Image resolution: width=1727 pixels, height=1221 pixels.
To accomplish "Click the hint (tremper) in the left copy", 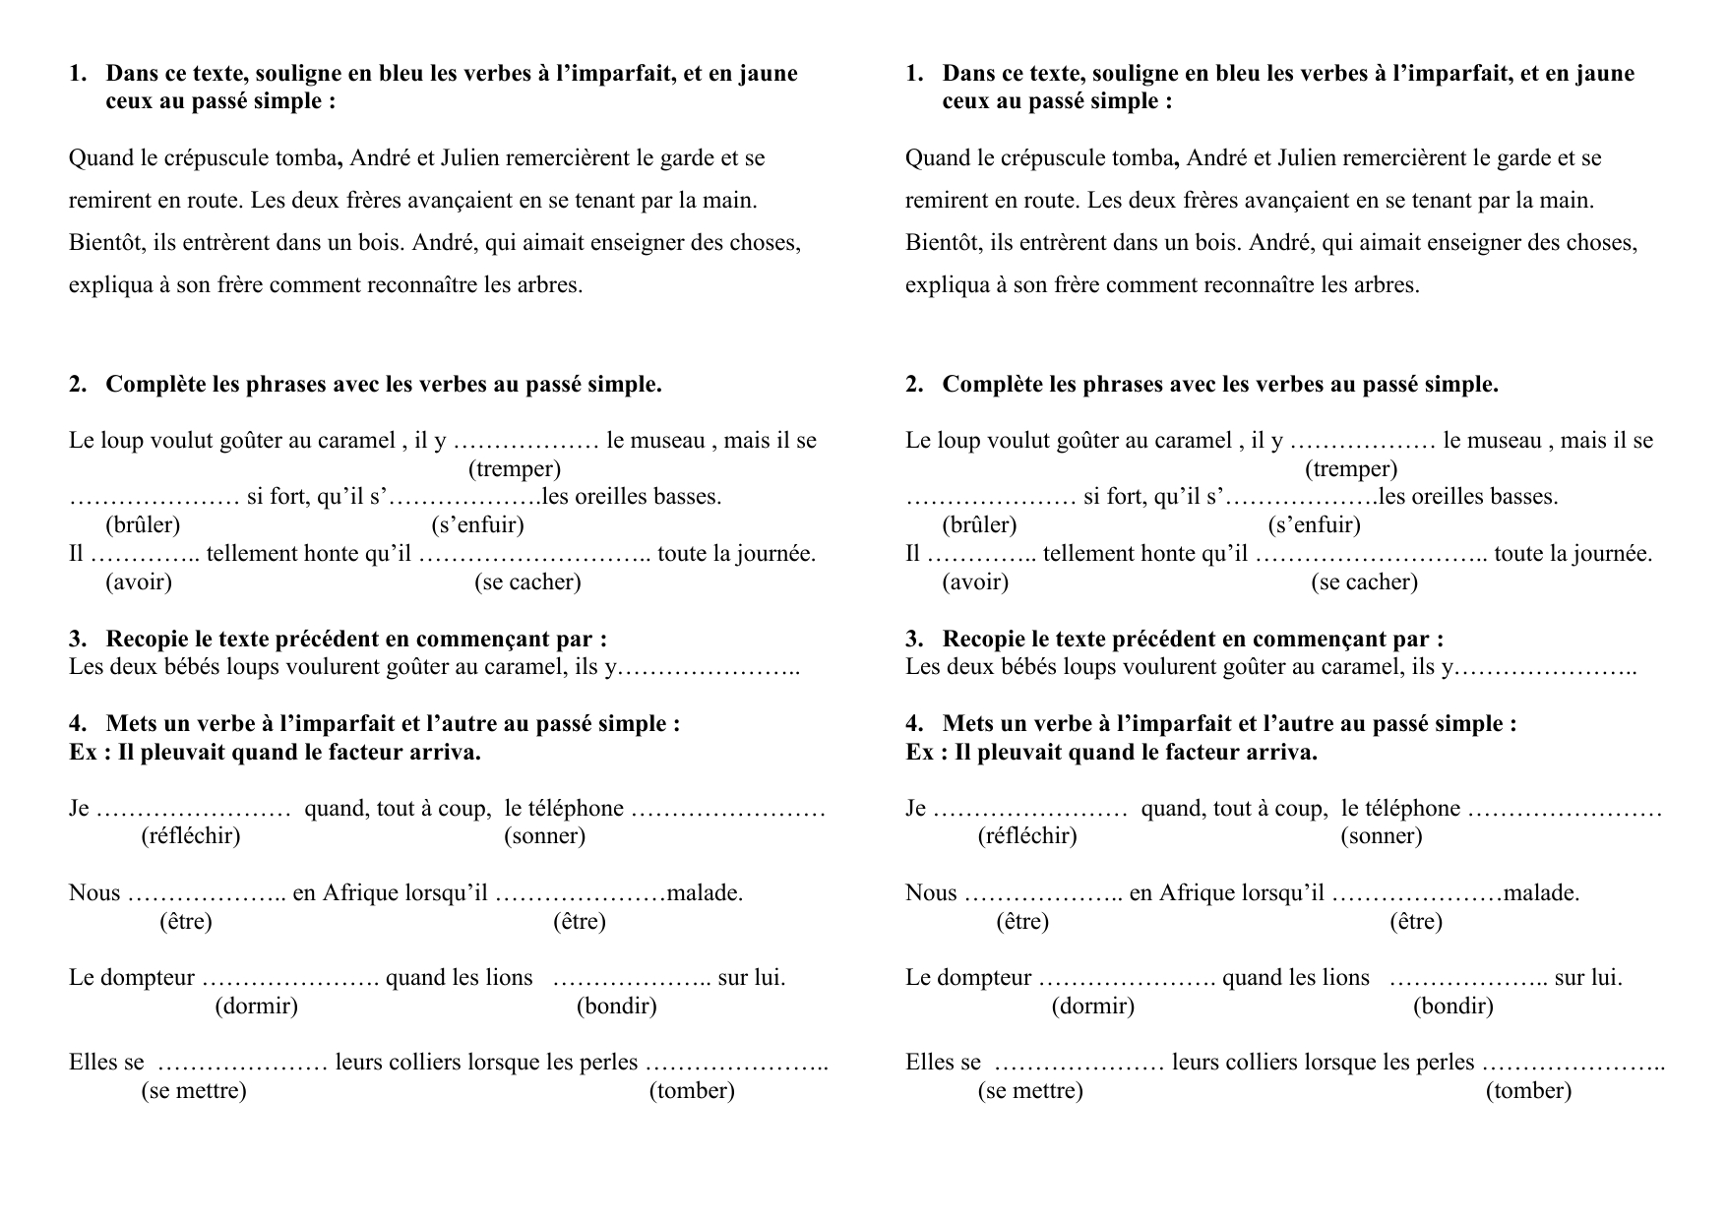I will point(514,469).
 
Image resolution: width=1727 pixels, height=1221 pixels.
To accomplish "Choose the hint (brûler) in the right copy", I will point(979,525).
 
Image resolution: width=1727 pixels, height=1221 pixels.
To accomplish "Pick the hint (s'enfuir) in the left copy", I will point(477,525).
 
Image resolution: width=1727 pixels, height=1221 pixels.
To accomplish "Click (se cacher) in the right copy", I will point(1364,582).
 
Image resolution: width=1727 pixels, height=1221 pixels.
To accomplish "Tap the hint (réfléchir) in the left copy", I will point(191,836).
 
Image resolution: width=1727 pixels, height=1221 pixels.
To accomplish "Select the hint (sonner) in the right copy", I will point(1381,836).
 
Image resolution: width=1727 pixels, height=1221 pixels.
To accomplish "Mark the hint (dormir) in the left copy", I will point(256,1006).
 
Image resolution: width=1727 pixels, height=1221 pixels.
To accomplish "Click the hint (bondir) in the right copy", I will point(1452,1006).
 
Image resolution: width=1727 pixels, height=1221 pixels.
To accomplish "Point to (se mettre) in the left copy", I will point(194,1090).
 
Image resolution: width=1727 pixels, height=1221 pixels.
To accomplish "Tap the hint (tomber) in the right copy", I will point(1528,1090).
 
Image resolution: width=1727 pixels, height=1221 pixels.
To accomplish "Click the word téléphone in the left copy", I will point(564,809).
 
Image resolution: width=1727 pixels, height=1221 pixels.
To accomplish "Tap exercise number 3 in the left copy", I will point(77,640).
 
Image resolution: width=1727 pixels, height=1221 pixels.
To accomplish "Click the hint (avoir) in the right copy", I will point(975,582).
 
